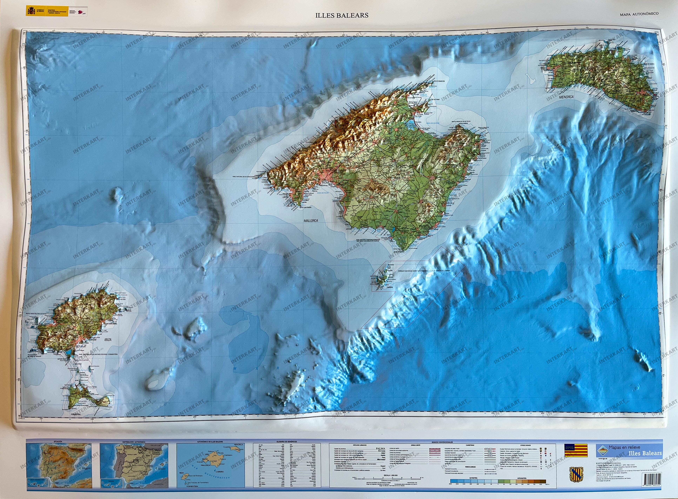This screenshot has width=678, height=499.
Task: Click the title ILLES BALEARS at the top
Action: (x=342, y=15)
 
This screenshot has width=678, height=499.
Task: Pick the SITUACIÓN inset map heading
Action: (x=58, y=442)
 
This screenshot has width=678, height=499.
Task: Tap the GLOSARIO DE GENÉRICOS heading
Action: (x=287, y=442)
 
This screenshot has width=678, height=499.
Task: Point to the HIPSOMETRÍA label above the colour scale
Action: (x=522, y=478)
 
